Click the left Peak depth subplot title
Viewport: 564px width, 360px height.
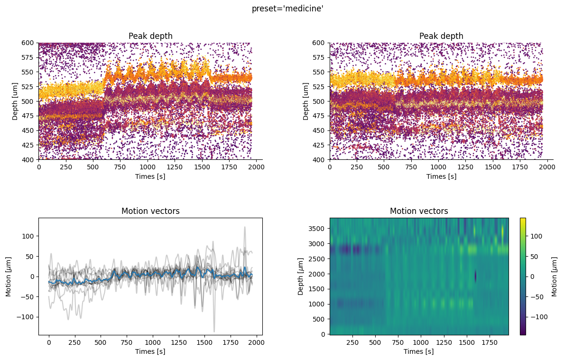[150, 36]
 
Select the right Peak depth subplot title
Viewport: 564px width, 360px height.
[441, 36]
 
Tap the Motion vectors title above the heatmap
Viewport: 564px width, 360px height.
[419, 211]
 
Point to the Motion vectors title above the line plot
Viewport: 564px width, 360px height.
[150, 211]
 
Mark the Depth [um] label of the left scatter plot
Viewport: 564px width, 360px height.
[16, 101]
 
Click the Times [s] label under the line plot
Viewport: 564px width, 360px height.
[150, 351]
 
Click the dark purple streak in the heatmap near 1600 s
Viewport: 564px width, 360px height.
[475, 276]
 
